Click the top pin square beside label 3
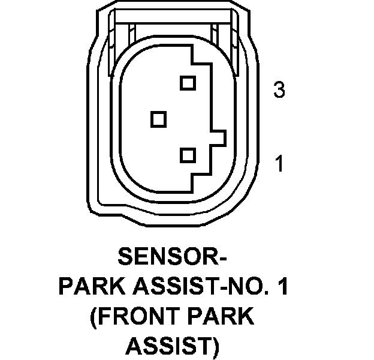click(188, 82)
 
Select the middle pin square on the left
click(158, 119)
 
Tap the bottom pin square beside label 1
click(188, 156)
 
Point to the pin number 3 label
click(278, 91)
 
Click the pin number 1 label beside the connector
click(279, 163)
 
